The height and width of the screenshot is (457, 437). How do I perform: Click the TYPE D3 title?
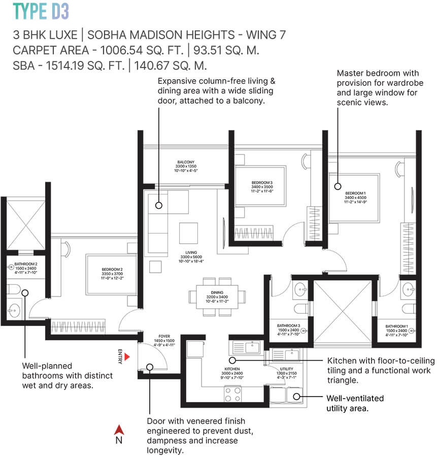pyautogui.click(x=41, y=11)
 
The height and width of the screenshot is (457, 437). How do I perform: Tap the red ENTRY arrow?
pyautogui.click(x=128, y=357)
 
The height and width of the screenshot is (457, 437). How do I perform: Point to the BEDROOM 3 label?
pyautogui.click(x=262, y=183)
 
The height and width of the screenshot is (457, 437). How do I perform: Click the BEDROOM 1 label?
pyautogui.click(x=355, y=193)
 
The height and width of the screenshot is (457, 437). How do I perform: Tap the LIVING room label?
pyautogui.click(x=191, y=252)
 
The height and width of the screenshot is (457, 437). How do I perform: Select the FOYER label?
pyautogui.click(x=164, y=336)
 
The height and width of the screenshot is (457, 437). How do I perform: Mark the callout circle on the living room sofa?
pyautogui.click(x=158, y=206)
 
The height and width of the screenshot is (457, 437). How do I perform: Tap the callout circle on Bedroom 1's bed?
pyautogui.click(x=337, y=186)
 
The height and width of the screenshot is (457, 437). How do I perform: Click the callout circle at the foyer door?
pyautogui.click(x=150, y=367)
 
